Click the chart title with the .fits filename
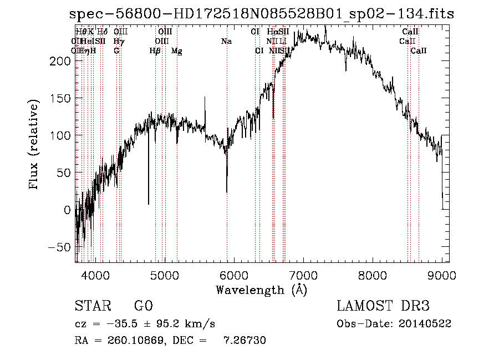click(262, 14)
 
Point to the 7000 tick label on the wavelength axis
click(303, 275)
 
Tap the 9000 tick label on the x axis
click(442, 275)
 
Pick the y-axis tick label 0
click(67, 210)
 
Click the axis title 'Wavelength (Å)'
click(261, 290)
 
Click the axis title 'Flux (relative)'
click(34, 145)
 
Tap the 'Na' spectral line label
click(226, 42)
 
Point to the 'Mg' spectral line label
click(176, 51)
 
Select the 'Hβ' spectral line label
click(155, 51)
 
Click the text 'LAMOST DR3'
click(383, 306)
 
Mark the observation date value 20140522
click(424, 323)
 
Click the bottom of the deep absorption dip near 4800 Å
click(148, 204)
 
